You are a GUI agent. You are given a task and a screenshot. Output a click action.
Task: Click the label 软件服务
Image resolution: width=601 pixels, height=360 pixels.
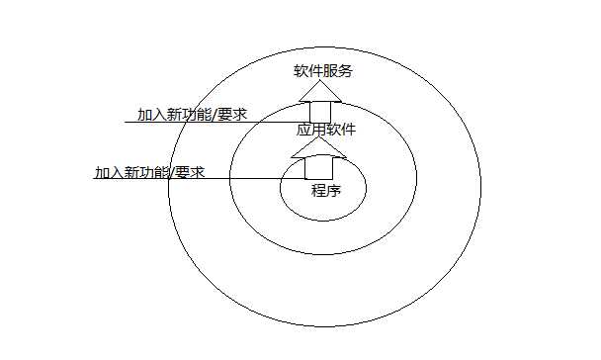pos(322,71)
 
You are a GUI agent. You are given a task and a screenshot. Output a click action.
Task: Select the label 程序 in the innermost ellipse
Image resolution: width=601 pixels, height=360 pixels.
pos(325,190)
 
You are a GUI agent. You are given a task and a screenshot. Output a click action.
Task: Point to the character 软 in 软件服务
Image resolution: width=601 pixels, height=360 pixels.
pos(300,71)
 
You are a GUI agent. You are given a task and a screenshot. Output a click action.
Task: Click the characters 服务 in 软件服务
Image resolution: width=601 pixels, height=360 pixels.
pos(337,71)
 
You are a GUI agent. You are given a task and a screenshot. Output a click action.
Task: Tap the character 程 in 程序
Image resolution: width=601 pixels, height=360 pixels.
pos(318,190)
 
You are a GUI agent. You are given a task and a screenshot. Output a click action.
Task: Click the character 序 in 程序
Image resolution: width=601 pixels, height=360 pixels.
pos(333,190)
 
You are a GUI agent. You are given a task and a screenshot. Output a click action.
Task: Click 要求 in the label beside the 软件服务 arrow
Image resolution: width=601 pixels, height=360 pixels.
pos(231,114)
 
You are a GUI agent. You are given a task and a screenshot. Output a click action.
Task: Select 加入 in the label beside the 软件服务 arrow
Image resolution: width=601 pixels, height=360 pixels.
pos(152,114)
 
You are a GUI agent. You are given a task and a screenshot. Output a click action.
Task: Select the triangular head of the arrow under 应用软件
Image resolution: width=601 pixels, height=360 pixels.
pos(319,148)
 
